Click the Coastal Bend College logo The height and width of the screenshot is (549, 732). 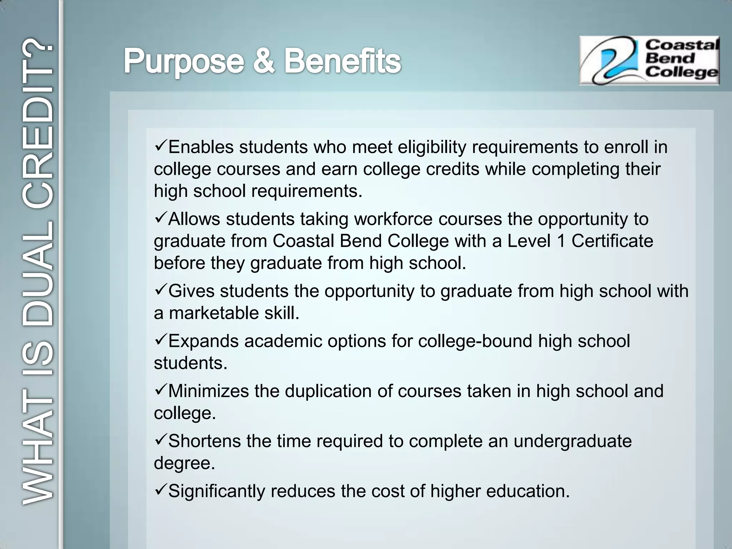[x=649, y=60]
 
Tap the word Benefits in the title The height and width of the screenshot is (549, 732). [x=342, y=61]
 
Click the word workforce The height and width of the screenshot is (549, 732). [x=393, y=219]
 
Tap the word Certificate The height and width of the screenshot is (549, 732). [x=612, y=241]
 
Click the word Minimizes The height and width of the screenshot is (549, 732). [x=208, y=391]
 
